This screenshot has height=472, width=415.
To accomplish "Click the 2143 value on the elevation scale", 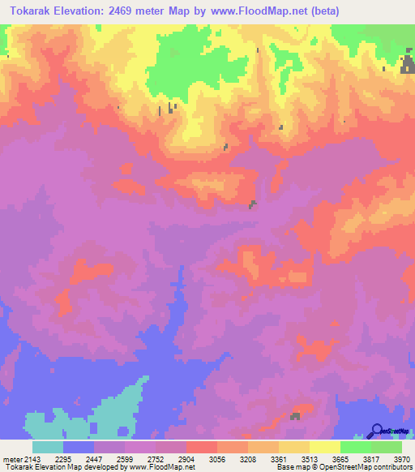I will (x=33, y=460).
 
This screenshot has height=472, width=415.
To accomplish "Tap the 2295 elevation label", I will (x=63, y=460).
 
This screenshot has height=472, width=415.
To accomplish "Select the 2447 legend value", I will (x=94, y=460).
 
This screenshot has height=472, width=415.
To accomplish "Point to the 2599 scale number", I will (x=125, y=460).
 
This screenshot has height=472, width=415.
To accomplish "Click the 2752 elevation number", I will (x=156, y=460).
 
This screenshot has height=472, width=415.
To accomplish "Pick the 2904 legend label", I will (x=186, y=460).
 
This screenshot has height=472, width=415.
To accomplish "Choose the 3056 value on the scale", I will (x=217, y=460).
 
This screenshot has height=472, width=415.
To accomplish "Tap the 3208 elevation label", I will (x=248, y=460).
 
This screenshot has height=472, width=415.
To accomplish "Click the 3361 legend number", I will (x=279, y=460).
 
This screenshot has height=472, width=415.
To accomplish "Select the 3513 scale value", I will (x=310, y=460).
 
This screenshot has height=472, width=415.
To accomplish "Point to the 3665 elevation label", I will (x=340, y=460).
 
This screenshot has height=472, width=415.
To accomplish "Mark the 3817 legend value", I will (x=371, y=460).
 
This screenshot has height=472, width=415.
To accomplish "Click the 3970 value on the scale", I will (x=401, y=460).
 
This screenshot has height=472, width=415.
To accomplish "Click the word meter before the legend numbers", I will (x=11, y=460).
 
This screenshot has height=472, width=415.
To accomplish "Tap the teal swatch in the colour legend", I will (x=48, y=448).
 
